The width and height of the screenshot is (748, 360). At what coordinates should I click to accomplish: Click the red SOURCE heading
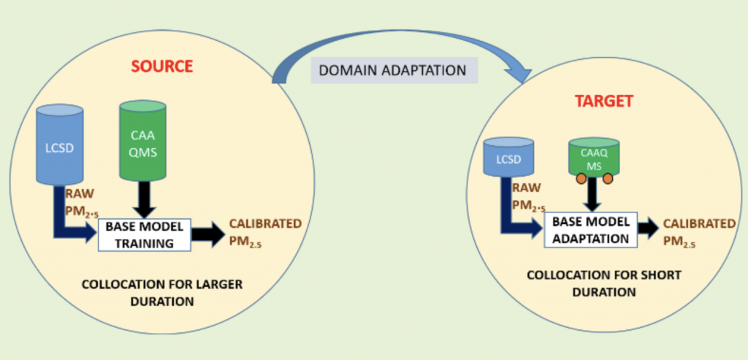coord(161,66)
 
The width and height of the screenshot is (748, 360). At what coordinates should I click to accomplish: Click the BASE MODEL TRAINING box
coord(143,235)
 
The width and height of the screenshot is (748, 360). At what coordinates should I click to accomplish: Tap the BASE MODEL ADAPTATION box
coord(591,229)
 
